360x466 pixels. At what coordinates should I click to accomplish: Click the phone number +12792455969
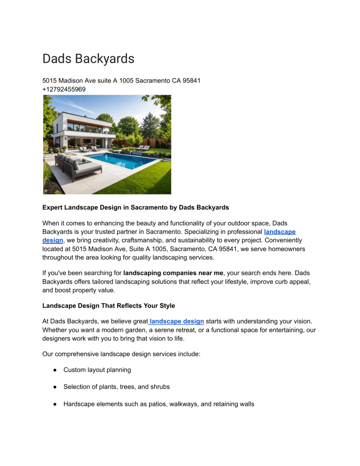click(x=64, y=89)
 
